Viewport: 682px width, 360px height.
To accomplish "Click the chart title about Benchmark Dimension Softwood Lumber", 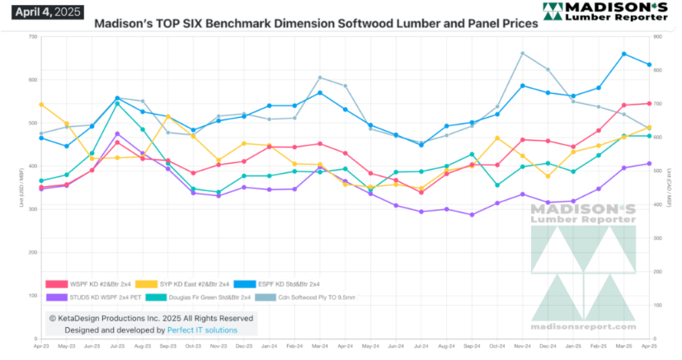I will pyautogui.click(x=316, y=24).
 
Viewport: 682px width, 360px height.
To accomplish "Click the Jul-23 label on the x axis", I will pyautogui.click(x=117, y=348).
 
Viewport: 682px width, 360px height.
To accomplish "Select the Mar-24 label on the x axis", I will pyautogui.click(x=319, y=348).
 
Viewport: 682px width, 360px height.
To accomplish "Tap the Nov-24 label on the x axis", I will pyautogui.click(x=522, y=348).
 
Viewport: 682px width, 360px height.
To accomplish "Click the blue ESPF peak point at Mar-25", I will pyautogui.click(x=623, y=54).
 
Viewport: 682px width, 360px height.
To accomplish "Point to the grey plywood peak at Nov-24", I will pyautogui.click(x=523, y=54).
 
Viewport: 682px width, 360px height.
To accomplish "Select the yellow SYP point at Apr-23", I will pyautogui.click(x=41, y=105).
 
